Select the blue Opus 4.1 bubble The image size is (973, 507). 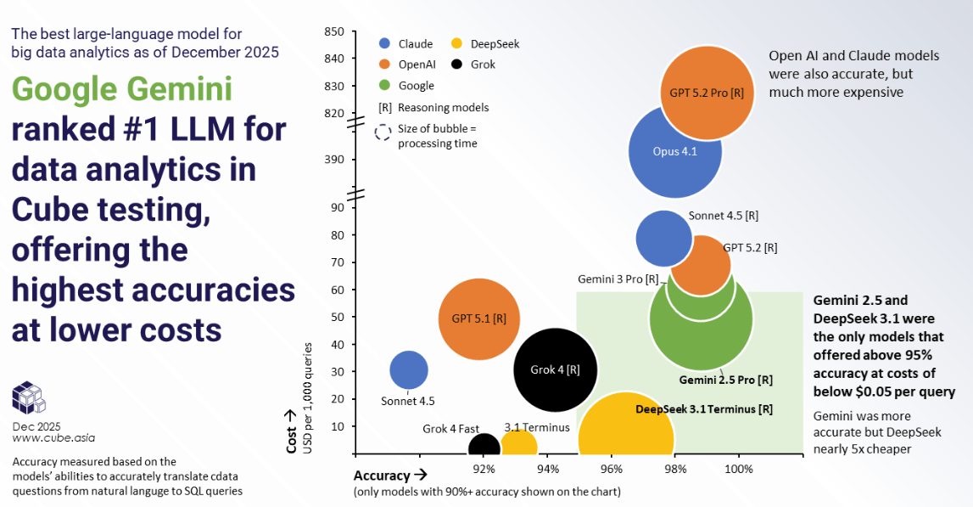click(x=674, y=151)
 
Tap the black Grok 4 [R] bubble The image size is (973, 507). click(x=556, y=369)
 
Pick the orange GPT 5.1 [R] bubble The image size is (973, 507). click(x=478, y=318)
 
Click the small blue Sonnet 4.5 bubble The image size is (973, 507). click(x=408, y=369)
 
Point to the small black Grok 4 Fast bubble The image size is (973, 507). click(x=484, y=447)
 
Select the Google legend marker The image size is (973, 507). click(x=384, y=85)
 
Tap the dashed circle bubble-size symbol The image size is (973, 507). click(x=383, y=132)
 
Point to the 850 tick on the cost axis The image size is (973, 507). click(x=334, y=31)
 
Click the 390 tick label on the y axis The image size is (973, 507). click(x=334, y=159)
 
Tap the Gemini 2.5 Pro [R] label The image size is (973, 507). click(x=725, y=380)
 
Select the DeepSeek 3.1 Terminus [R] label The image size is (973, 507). click(x=704, y=408)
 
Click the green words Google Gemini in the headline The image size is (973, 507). click(x=122, y=90)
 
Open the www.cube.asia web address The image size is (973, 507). click(x=53, y=438)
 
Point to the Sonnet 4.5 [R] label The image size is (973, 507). click(x=724, y=216)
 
